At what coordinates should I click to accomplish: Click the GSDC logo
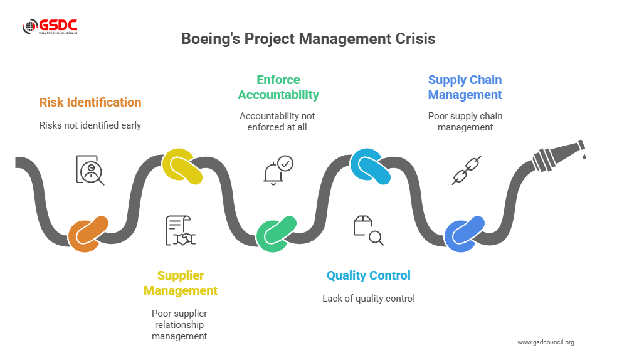[x=50, y=26]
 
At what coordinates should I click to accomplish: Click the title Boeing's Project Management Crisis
[x=308, y=39]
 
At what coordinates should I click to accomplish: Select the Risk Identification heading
[x=90, y=102]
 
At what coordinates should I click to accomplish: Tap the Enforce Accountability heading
[x=278, y=87]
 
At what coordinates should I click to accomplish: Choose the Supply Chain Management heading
[x=465, y=87]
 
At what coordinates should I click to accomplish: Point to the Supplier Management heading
[x=181, y=283]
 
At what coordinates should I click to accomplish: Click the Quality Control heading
[x=369, y=275]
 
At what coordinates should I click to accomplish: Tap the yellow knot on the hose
[x=182, y=167]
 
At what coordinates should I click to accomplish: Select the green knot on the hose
[x=276, y=234]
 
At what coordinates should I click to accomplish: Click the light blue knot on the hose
[x=370, y=167]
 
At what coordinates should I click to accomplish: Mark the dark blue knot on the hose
[x=464, y=234]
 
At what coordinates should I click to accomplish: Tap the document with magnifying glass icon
[x=90, y=169]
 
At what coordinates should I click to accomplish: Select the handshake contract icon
[x=180, y=231]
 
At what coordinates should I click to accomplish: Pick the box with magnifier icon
[x=368, y=230]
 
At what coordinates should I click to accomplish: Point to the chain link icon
[x=467, y=170]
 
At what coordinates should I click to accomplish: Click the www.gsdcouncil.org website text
[x=546, y=342]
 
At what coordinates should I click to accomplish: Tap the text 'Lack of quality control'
[x=369, y=299]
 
